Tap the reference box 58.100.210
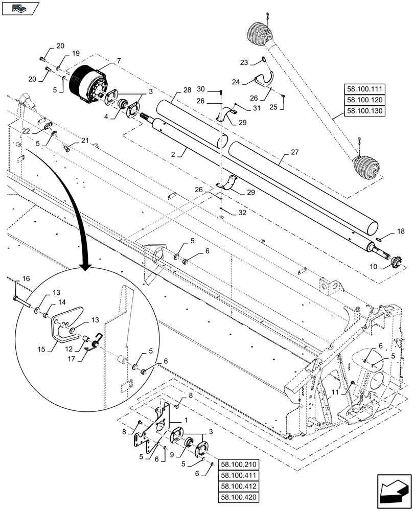tap(238, 464)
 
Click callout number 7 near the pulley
tap(119, 61)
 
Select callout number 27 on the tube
tap(294, 152)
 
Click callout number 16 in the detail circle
tap(26, 279)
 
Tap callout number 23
tap(243, 62)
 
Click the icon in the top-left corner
tap(20, 8)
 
